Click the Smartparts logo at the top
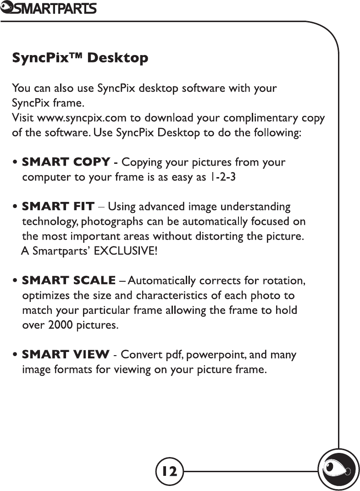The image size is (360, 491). coord(48,8)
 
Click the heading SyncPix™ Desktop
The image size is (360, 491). coord(80,58)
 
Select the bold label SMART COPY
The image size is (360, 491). coord(66,162)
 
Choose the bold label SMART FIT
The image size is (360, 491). coord(58,206)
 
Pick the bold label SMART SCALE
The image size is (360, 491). coord(69,280)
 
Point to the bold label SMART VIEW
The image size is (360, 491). coord(66,355)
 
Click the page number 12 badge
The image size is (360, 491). coord(169,470)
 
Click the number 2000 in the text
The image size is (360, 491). coord(55,325)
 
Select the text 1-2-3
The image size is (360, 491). coord(222,177)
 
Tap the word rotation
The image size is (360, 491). coord(287,280)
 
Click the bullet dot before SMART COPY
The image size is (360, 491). coord(16,162)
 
